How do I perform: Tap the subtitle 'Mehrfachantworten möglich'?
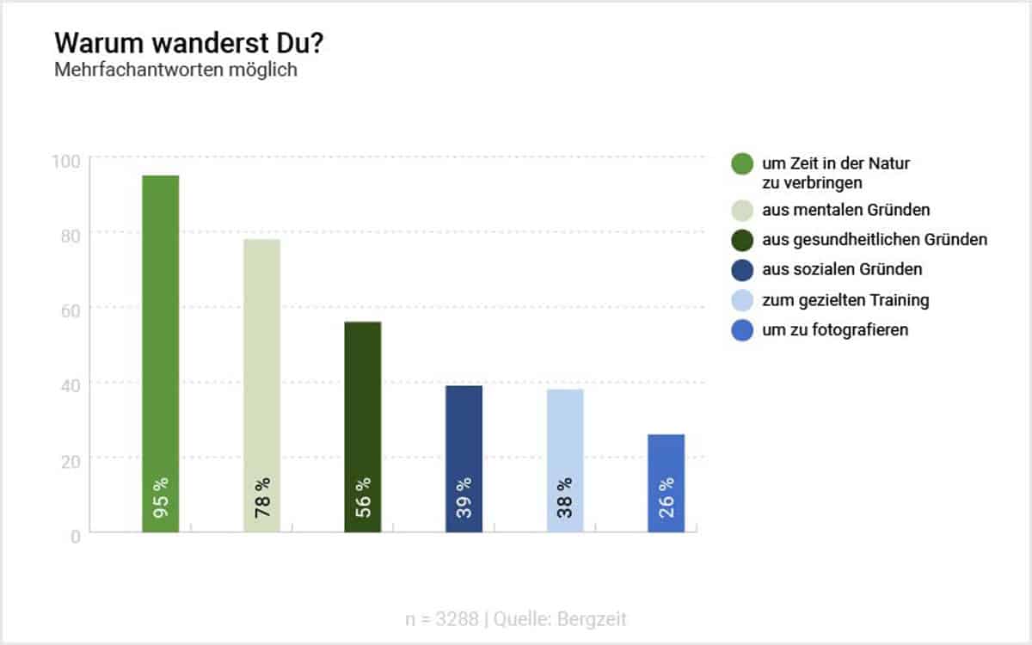(x=175, y=70)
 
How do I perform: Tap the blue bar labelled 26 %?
(x=666, y=482)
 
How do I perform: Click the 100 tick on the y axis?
(x=70, y=161)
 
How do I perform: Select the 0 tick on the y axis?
(x=76, y=536)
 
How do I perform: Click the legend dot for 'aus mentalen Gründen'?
(x=742, y=209)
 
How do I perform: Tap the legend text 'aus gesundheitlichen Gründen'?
(x=875, y=239)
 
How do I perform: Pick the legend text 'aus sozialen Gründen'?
(x=842, y=269)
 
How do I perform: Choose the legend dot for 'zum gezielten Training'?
(x=742, y=300)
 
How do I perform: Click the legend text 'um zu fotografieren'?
(x=835, y=330)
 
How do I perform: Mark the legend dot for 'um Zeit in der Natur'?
(x=742, y=163)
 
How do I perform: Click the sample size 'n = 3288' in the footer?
(x=441, y=618)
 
